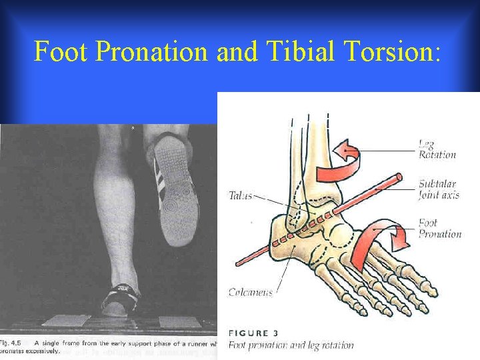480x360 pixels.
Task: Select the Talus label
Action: click(x=240, y=196)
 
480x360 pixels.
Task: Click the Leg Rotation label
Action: click(x=437, y=149)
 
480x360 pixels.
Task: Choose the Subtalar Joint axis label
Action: click(x=439, y=189)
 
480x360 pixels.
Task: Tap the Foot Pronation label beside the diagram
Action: click(x=439, y=229)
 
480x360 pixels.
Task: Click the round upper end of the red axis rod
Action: click(x=398, y=177)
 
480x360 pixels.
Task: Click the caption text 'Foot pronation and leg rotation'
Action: click(x=291, y=345)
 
